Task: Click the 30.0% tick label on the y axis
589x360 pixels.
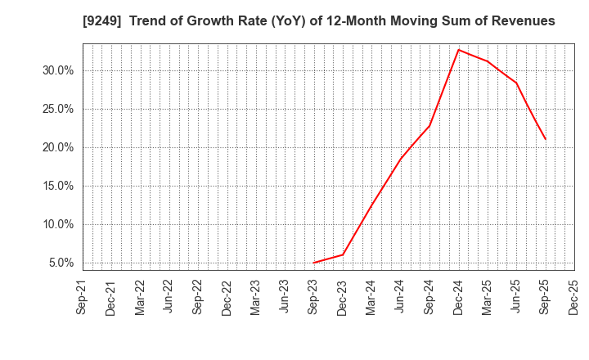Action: [x=57, y=70]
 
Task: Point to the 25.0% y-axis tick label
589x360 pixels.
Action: [x=57, y=109]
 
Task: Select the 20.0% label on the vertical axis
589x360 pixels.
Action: [x=57, y=147]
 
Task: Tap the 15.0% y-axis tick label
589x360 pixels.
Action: [x=57, y=186]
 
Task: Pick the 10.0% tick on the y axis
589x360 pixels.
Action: [x=57, y=224]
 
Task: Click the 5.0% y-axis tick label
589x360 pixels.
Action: [x=60, y=263]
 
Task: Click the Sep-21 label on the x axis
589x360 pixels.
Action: [x=82, y=297]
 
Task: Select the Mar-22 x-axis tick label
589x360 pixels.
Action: [x=140, y=297]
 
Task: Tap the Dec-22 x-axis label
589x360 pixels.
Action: [x=227, y=297]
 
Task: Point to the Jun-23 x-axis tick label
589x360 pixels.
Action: [x=285, y=297]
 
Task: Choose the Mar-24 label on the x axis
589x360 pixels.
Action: [x=371, y=297]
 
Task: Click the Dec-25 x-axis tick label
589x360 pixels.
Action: [x=574, y=297]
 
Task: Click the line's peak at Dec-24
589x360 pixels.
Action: [x=458, y=50]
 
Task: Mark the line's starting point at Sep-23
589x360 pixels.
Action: [x=314, y=263]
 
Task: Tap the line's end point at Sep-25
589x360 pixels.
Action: [x=545, y=139]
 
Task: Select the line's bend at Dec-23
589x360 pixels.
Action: [x=343, y=254]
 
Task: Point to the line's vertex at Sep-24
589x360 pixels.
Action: [x=429, y=125]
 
